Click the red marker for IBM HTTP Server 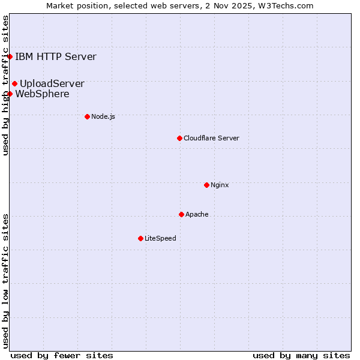tap(10, 57)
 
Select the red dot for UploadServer tap(14, 83)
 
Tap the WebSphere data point tap(10, 94)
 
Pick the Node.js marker tap(87, 116)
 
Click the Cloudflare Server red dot tap(179, 138)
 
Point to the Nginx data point tap(206, 185)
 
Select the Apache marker tap(181, 214)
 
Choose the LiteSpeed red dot tap(140, 238)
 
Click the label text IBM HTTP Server tap(55, 57)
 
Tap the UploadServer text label tap(52, 84)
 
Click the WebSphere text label tap(42, 94)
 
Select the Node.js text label tap(103, 116)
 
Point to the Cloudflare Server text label tap(211, 138)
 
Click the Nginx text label tap(220, 185)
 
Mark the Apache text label tap(197, 214)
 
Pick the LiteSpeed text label tap(160, 238)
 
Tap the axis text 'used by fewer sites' tap(62, 355)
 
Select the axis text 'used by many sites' tap(301, 355)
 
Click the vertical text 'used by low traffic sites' tap(5, 280)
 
